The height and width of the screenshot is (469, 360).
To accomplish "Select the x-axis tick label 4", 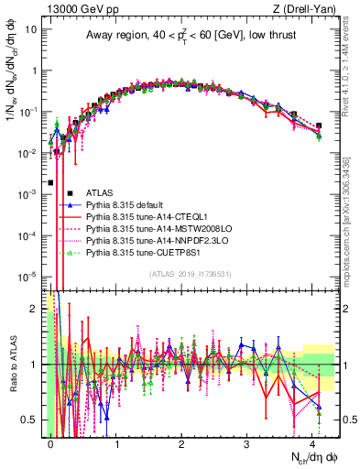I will tap(312, 442).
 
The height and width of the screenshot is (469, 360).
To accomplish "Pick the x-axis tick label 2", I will tap(181, 442).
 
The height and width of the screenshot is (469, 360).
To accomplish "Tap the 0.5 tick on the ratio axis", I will tap(29, 420).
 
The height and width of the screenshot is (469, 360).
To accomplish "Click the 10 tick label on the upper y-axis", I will tap(29, 28).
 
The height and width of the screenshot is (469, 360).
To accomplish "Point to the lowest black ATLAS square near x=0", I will tap(50, 182).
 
